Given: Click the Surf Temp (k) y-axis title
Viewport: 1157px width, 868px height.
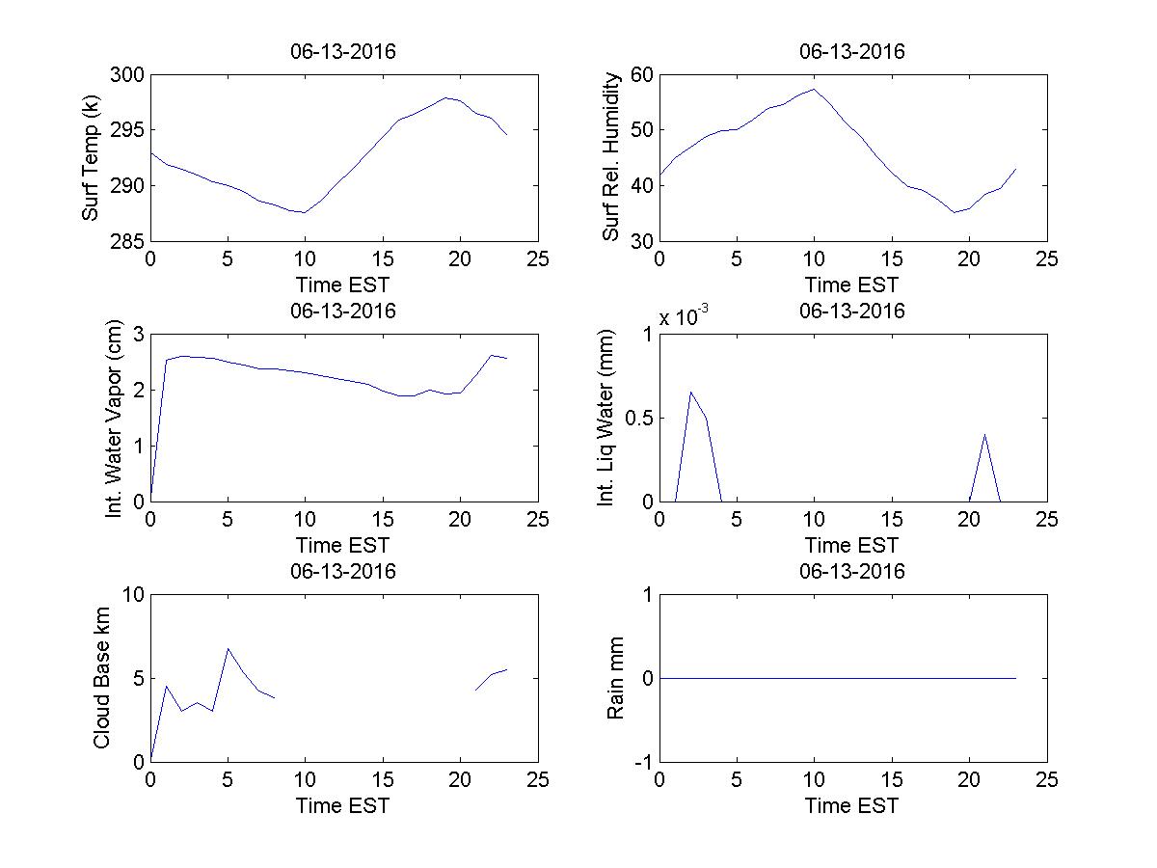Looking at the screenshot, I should pyautogui.click(x=92, y=158).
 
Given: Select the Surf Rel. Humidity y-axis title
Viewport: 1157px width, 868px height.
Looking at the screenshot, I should pyautogui.click(x=610, y=158).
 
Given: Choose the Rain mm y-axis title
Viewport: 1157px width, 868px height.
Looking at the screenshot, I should pyautogui.click(x=614, y=679).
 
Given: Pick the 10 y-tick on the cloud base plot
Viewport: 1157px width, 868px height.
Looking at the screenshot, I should pyautogui.click(x=132, y=596).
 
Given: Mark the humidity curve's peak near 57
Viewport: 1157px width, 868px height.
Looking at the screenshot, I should pyautogui.click(x=814, y=89).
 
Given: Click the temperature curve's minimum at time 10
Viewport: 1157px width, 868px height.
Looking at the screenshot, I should pyautogui.click(x=305, y=212).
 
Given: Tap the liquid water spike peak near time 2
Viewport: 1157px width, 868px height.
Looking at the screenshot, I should pyautogui.click(x=690, y=392).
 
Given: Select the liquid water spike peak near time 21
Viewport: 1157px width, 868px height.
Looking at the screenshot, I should pyautogui.click(x=984, y=434).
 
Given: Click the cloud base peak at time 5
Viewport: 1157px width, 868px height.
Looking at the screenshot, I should pyautogui.click(x=228, y=648).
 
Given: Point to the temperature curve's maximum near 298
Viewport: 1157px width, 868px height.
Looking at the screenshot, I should pyautogui.click(x=445, y=97).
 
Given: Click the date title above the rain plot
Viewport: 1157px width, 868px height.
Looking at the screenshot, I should pyautogui.click(x=852, y=571).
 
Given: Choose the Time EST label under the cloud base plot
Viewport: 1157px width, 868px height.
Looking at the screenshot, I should pyautogui.click(x=343, y=805).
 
